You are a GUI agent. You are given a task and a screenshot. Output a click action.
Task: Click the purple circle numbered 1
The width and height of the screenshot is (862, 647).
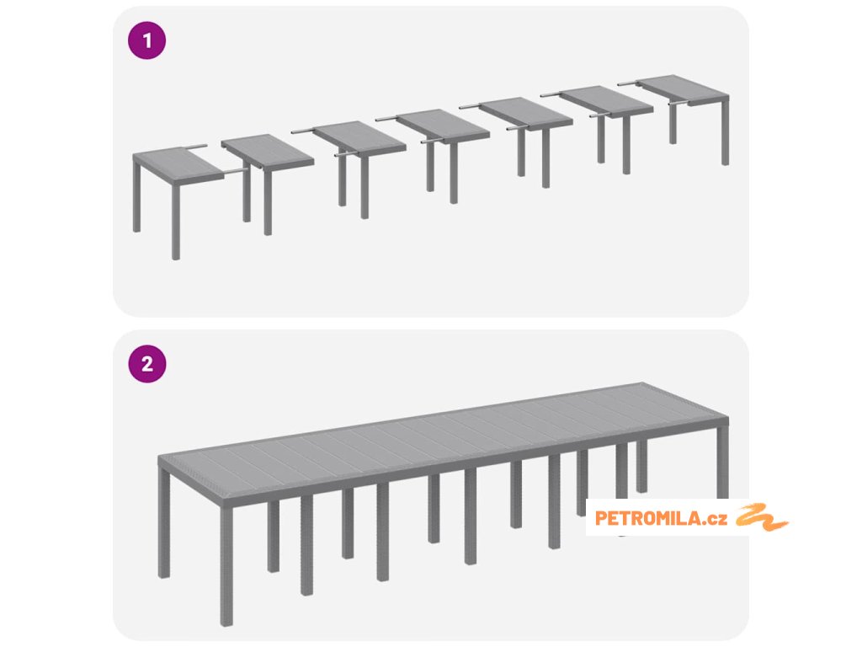coord(146,40)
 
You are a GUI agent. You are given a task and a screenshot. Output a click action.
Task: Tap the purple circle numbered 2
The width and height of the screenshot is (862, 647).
coord(146,364)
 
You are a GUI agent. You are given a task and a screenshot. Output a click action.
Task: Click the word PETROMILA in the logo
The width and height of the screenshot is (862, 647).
coord(647,518)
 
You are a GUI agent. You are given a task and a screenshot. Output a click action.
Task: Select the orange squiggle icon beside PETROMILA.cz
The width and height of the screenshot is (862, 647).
coord(762,517)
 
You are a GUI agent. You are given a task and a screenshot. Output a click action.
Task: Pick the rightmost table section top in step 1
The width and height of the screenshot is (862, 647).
coord(683,89)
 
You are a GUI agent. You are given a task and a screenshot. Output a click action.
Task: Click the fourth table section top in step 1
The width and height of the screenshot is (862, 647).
coord(443,126)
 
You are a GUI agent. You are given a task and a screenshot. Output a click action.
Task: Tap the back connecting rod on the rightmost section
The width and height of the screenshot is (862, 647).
coord(627,83)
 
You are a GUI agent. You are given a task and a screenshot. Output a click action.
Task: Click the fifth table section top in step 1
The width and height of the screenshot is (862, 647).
coord(526,114)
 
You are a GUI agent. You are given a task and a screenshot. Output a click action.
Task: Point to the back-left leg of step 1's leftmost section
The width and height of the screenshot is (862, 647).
coord(136,195)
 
